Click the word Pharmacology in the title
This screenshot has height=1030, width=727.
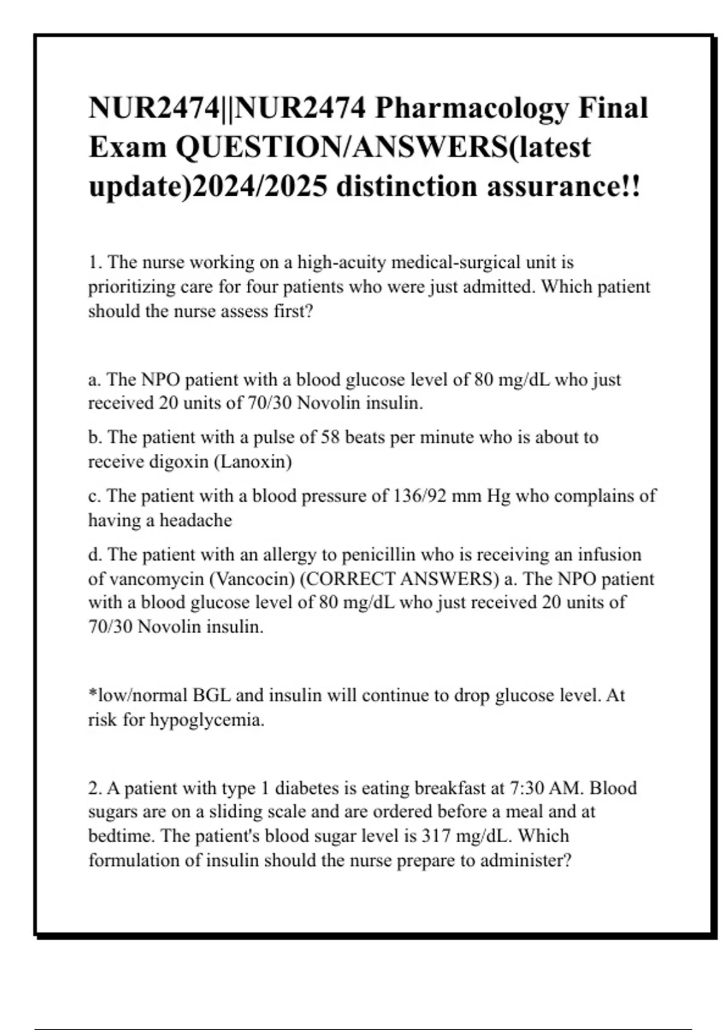(x=472, y=109)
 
